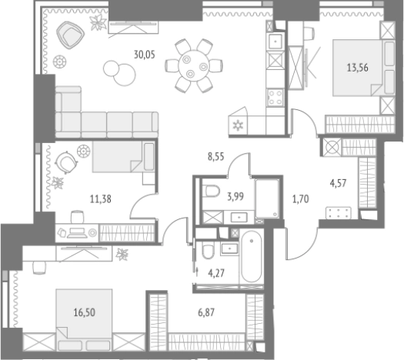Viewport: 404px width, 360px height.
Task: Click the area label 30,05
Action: [x=145, y=55]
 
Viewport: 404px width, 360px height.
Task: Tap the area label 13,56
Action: [x=357, y=68]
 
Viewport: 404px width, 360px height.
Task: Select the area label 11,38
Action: [x=101, y=199]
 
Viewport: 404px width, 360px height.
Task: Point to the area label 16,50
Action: [x=84, y=312]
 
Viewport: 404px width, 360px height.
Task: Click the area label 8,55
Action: [x=216, y=157]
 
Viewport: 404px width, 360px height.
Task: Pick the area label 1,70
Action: [x=300, y=199]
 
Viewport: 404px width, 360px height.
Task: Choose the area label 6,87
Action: [x=206, y=312]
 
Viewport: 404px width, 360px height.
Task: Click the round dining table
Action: [x=194, y=66]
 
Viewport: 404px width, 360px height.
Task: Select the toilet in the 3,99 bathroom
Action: [x=211, y=191]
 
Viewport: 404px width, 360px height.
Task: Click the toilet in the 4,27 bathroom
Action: [x=208, y=250]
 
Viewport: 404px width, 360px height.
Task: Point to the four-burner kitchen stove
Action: [x=275, y=97]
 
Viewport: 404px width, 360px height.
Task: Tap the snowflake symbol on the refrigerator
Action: [x=238, y=125]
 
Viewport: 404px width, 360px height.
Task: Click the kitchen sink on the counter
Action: [x=275, y=42]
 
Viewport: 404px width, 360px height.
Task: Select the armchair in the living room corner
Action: [x=70, y=35]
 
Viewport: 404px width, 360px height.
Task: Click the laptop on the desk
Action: [x=76, y=233]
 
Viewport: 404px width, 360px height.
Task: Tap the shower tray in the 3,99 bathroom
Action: [x=267, y=198]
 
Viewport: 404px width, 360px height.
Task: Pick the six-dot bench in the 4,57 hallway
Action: [x=339, y=213]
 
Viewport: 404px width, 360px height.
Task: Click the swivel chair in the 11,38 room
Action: [x=66, y=162]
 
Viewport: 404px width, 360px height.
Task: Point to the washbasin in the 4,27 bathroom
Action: [x=229, y=248]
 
